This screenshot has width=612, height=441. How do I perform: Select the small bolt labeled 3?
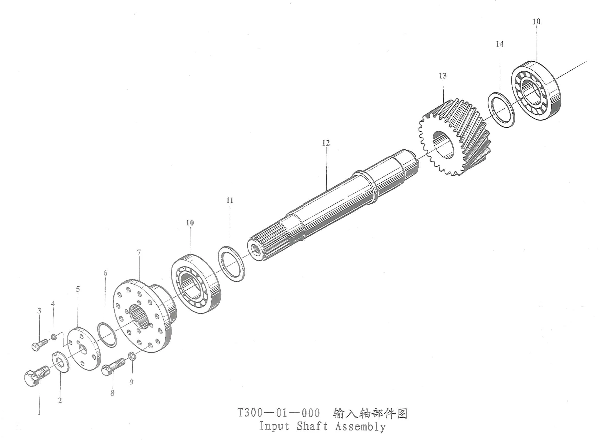click(x=39, y=345)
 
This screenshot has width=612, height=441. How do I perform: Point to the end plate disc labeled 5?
click(x=83, y=349)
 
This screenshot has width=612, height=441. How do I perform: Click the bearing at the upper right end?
click(x=535, y=91)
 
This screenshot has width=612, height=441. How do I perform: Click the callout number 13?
click(x=443, y=76)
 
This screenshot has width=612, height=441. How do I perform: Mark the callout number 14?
click(x=499, y=44)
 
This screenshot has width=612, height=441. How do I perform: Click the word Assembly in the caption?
click(x=360, y=427)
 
